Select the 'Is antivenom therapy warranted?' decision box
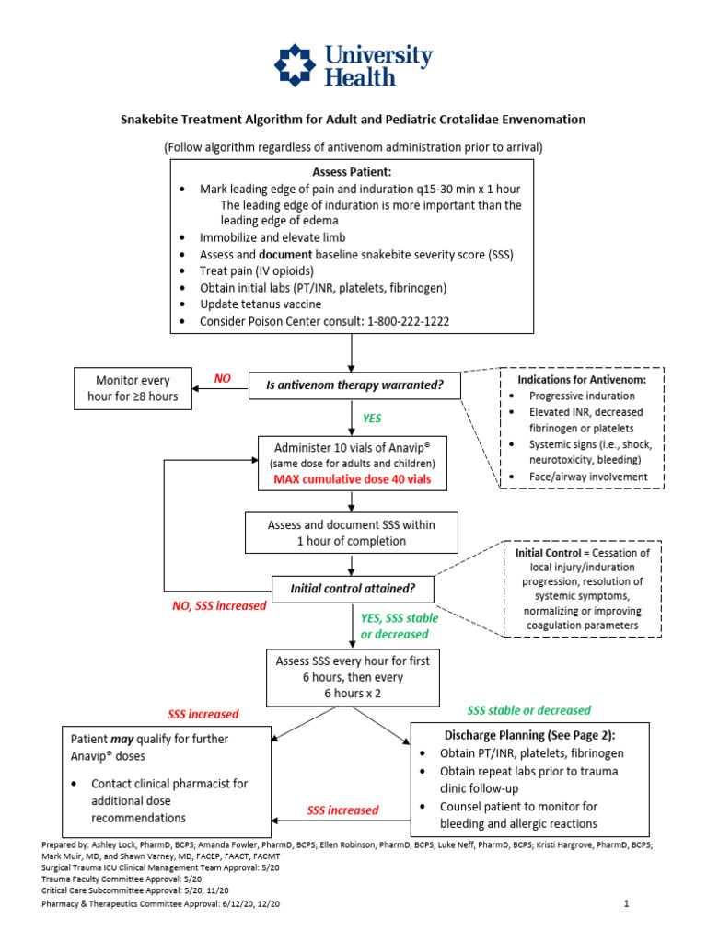353,385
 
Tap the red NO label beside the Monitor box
223,378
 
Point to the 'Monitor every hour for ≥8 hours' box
133,389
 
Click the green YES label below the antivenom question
372,418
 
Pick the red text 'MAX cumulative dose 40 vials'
353,480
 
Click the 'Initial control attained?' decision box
353,588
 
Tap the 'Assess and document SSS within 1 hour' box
351,533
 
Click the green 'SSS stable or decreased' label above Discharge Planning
528,710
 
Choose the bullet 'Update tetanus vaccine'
260,304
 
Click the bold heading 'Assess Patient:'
352,172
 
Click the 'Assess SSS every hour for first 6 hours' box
353,677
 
